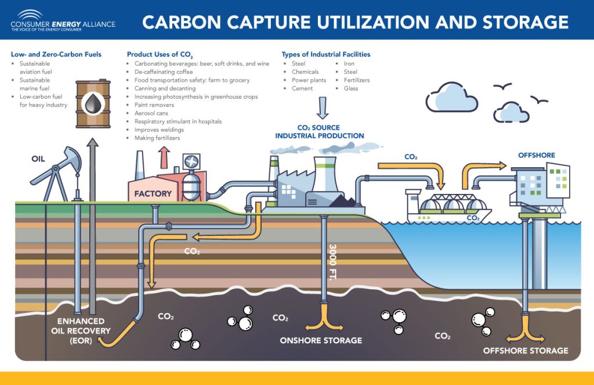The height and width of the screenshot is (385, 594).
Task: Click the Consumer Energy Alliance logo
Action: (63, 21)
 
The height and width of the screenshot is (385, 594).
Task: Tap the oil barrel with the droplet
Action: (93, 104)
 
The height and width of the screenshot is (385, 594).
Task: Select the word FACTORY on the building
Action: (153, 193)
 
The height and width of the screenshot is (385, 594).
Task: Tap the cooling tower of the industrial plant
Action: (326, 174)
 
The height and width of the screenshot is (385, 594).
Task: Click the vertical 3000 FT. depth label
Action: (333, 262)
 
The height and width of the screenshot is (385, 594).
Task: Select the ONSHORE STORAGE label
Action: (321, 340)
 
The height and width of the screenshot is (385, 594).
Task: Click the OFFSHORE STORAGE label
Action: (526, 351)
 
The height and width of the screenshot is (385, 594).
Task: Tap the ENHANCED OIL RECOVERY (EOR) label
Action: (81, 330)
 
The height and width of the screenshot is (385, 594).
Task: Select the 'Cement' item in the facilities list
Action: (302, 88)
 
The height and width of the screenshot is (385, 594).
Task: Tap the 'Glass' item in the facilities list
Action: (351, 88)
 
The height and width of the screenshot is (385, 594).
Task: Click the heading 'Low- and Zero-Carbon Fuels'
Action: (56, 55)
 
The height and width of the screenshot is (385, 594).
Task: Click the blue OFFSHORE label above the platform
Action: (536, 155)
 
